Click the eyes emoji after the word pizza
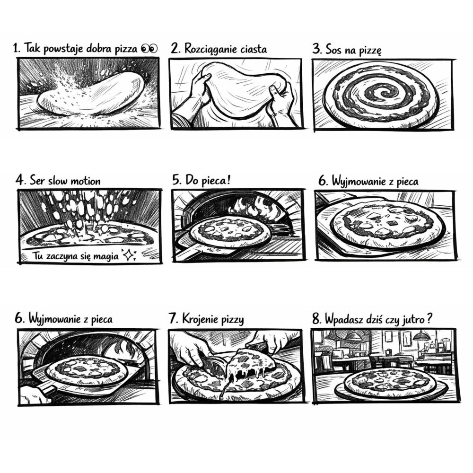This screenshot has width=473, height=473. pyautogui.click(x=149, y=49)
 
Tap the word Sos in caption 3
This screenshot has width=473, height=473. pyautogui.click(x=333, y=50)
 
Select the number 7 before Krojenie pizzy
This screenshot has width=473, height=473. pyautogui.click(x=173, y=318)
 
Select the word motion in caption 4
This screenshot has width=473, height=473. pyautogui.click(x=87, y=181)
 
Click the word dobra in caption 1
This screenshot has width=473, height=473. pyautogui.click(x=99, y=49)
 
